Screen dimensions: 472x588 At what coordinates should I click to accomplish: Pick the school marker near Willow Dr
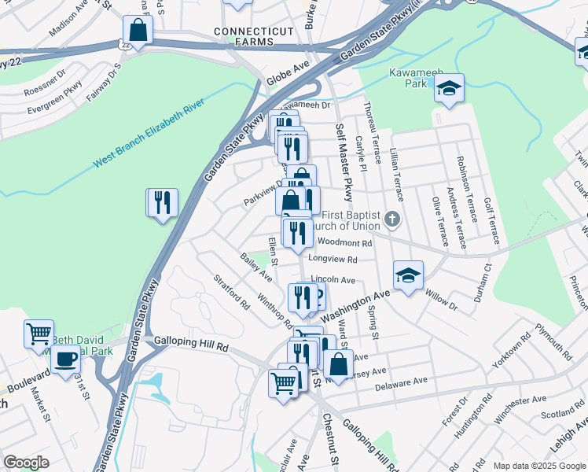[408, 275]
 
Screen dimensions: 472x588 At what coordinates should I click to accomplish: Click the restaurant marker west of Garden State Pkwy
[163, 202]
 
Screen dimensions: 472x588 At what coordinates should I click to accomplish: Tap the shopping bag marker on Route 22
[138, 31]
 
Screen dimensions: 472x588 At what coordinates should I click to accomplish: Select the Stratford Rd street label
[230, 291]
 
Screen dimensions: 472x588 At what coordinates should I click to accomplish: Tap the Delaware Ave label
[401, 382]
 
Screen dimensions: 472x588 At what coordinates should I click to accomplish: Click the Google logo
[27, 463]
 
